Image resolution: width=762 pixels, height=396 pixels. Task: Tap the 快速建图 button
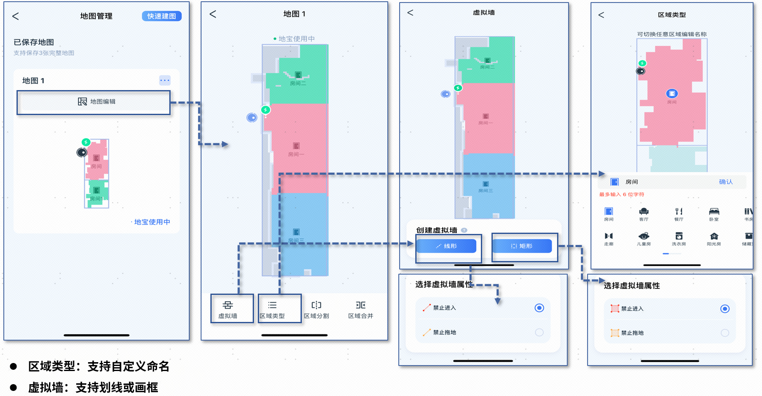point(161,16)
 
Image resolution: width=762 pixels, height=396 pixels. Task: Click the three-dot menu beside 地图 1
point(165,80)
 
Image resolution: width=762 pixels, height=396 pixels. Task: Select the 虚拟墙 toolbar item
point(228,309)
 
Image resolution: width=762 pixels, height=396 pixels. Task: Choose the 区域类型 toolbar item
point(272,309)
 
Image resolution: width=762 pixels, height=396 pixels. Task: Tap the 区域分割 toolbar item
point(316,309)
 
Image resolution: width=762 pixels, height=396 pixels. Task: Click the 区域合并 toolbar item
point(361,309)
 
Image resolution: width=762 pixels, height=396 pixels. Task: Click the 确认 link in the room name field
point(726,182)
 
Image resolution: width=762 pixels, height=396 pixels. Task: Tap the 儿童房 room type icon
point(644,238)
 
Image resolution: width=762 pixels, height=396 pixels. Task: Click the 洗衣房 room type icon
point(679,238)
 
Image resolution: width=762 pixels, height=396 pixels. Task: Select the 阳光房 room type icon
point(714,238)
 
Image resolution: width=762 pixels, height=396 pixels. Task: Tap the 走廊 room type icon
point(609,238)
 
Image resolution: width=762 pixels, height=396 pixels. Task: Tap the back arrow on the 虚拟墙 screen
point(410,13)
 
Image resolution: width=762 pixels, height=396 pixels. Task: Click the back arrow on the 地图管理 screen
point(16,16)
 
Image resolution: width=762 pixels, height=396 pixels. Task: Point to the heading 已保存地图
point(34,42)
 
